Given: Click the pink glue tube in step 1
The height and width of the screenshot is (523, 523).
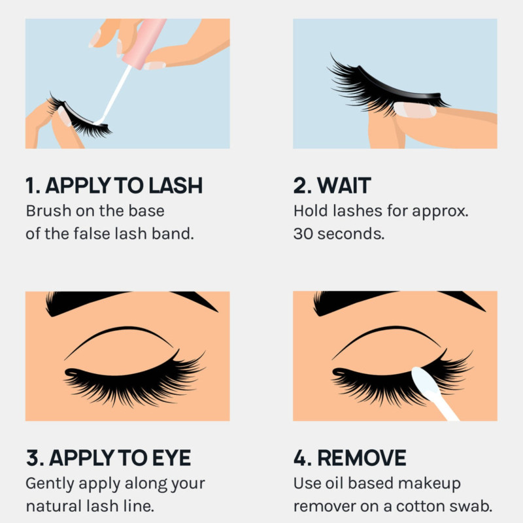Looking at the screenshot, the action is click(x=144, y=43).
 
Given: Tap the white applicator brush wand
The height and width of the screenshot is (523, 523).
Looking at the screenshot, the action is click(x=114, y=94).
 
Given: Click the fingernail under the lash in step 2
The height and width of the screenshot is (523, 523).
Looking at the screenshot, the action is click(x=415, y=110).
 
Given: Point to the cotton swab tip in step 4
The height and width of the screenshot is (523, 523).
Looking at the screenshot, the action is click(x=426, y=381).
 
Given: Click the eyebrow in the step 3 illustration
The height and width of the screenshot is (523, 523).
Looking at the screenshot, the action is click(x=130, y=301).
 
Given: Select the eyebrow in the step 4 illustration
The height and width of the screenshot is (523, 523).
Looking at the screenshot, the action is click(x=397, y=301).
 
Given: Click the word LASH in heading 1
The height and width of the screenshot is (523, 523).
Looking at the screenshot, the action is click(x=175, y=186).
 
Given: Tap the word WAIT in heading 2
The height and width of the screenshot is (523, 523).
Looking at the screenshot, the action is click(x=344, y=186).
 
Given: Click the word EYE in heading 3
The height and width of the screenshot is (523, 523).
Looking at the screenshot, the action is click(x=171, y=458).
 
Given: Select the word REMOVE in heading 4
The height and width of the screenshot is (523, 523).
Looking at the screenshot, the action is click(x=362, y=458).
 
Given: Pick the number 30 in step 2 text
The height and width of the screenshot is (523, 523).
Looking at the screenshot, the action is click(x=303, y=234).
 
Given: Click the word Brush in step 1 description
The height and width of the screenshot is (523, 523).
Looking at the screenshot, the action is click(x=48, y=211).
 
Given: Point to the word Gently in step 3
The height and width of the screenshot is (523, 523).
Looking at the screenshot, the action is click(x=50, y=484).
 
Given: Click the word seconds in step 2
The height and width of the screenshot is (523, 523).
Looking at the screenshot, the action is click(x=351, y=234).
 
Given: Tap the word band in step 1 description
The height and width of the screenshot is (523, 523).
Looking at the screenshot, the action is click(x=173, y=234).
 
